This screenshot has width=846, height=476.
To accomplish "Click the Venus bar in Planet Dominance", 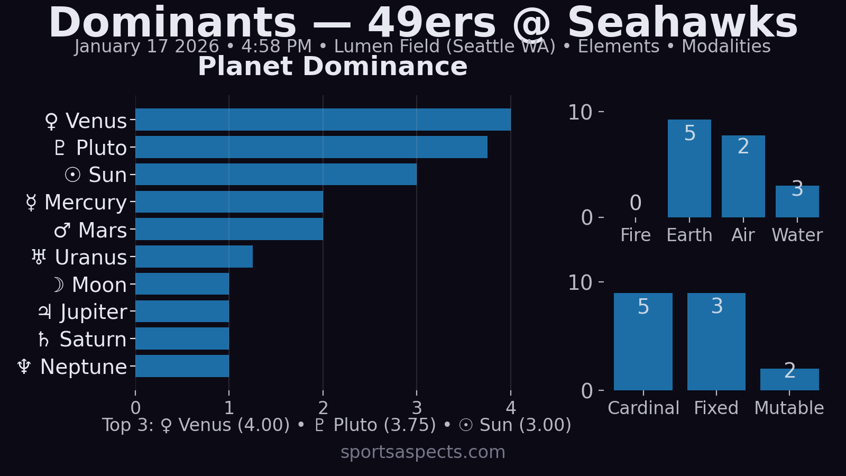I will (x=323, y=120).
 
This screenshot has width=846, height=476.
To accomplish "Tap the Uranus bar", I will (x=194, y=257).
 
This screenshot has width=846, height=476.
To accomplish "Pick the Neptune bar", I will (x=182, y=366).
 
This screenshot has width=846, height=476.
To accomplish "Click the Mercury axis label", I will (x=77, y=202).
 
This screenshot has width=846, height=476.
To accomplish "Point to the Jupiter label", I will (x=83, y=312).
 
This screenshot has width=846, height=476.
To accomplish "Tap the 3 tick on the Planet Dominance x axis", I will (x=417, y=408).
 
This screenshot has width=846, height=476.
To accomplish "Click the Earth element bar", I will (x=689, y=169).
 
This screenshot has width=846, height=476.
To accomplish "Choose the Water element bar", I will (x=797, y=202).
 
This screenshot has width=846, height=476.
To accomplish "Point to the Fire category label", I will (x=636, y=235).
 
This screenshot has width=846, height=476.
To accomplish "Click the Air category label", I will (x=743, y=235).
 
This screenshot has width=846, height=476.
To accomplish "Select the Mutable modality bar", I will (x=789, y=380).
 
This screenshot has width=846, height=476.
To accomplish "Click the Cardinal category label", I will (x=643, y=408).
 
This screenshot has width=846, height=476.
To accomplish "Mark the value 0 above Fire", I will (x=636, y=203).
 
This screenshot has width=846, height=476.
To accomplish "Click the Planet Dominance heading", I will (x=333, y=67).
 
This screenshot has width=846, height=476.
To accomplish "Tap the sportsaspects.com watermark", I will (x=423, y=452).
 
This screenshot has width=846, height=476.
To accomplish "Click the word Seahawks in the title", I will (x=682, y=22).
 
